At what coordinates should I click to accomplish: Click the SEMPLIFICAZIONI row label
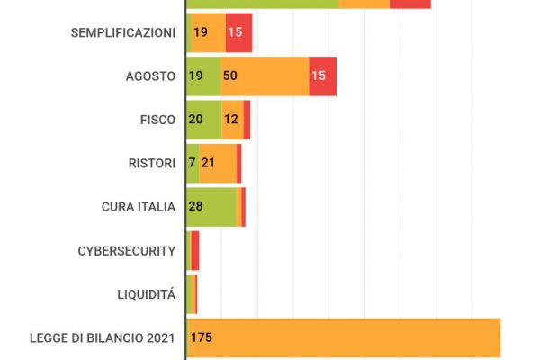(x=122, y=32)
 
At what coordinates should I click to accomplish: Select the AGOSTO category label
(x=150, y=76)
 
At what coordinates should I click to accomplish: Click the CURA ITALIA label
(x=138, y=207)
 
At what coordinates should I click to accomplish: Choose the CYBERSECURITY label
(x=127, y=250)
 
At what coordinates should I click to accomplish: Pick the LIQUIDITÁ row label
(x=146, y=293)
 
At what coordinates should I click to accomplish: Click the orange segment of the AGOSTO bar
(x=265, y=76)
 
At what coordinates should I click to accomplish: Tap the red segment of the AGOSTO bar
(x=322, y=76)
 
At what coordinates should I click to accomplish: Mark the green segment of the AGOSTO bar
(x=202, y=76)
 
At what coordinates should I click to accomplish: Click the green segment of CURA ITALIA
(x=211, y=207)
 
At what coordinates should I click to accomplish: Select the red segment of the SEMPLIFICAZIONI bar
(x=238, y=32)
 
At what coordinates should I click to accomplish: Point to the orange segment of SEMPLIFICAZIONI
(x=209, y=32)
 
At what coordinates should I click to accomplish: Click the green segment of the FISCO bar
(x=203, y=120)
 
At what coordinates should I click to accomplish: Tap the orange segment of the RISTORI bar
(x=218, y=163)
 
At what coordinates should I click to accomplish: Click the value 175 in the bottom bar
(x=201, y=337)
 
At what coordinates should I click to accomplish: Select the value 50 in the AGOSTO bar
(x=229, y=76)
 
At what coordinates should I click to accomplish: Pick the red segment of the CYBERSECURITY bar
(x=195, y=250)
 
